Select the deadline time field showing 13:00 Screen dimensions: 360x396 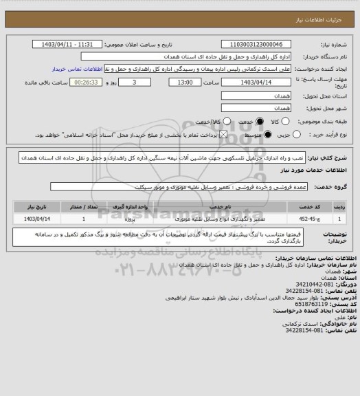click(x=185, y=82)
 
